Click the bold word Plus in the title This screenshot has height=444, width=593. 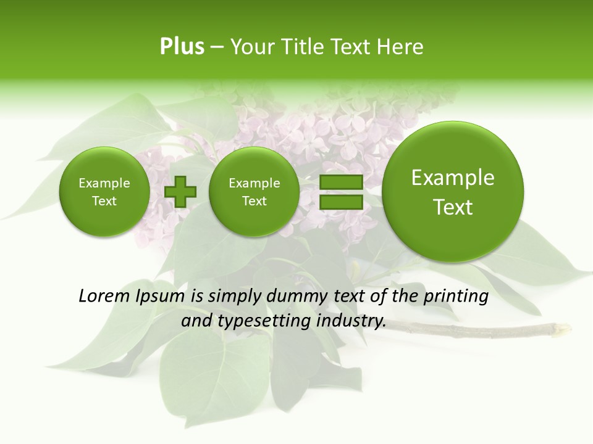pyautogui.click(x=182, y=47)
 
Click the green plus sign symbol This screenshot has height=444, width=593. pyautogui.click(x=180, y=192)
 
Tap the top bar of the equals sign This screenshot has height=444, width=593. pyautogui.click(x=341, y=183)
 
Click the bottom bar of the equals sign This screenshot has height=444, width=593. pyautogui.click(x=341, y=202)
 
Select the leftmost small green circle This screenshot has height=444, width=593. pyautogui.click(x=104, y=192)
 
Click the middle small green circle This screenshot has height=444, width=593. pyautogui.click(x=254, y=192)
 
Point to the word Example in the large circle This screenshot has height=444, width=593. pyautogui.click(x=453, y=178)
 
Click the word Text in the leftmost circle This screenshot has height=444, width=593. pyautogui.click(x=104, y=201)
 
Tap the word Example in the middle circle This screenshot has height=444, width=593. pyautogui.click(x=254, y=183)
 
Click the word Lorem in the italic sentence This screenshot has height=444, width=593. pyautogui.click(x=101, y=297)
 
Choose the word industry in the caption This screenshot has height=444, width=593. pyautogui.click(x=350, y=321)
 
